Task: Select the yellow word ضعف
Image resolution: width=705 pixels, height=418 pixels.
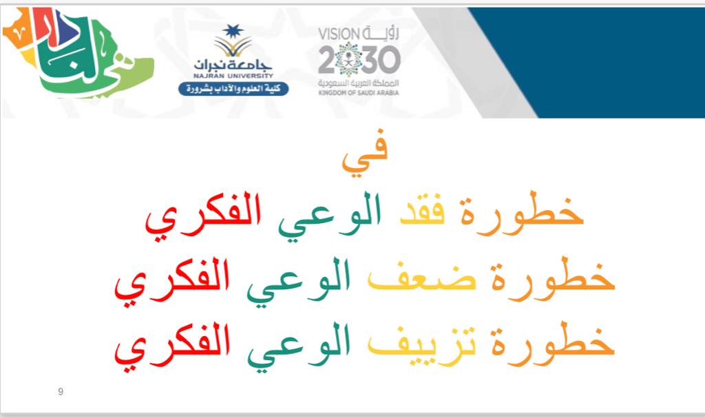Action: pos(422,279)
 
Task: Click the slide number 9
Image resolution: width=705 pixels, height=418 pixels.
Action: pos(61,391)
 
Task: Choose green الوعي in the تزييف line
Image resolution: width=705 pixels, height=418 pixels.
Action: pos(298,347)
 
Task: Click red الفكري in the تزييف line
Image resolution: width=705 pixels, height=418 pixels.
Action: pos(172,347)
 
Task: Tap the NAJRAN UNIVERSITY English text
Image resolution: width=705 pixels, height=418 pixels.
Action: pos(233,76)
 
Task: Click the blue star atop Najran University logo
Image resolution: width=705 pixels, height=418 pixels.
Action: pos(233,32)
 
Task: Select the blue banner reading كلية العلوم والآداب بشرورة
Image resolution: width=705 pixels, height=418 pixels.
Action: pos(233,89)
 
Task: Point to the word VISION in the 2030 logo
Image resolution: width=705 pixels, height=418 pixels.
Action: pos(339,34)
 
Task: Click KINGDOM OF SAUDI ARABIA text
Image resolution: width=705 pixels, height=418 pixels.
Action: pos(358,93)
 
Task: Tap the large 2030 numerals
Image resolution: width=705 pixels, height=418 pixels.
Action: pos(359,59)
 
